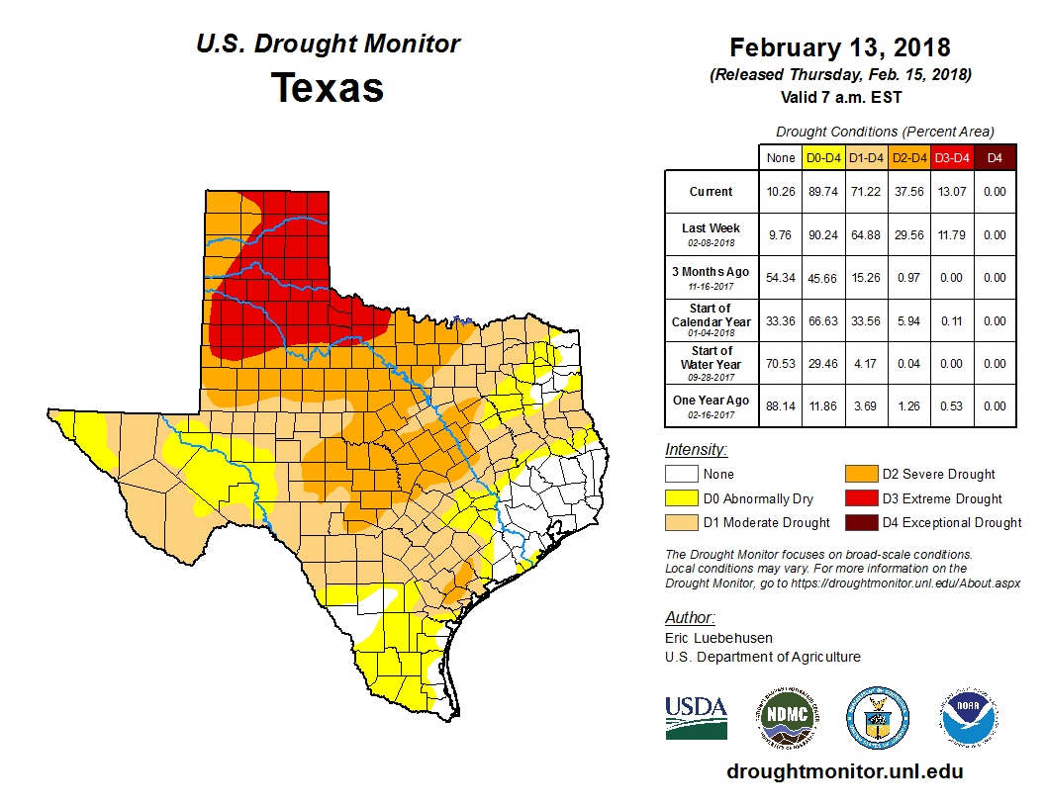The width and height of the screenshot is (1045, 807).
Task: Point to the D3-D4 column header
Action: pos(951,157)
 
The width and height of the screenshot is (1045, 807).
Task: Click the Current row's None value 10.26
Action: pos(781,192)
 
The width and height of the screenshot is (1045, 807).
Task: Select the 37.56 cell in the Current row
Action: pos(907,192)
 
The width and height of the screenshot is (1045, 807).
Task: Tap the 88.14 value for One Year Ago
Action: pos(781,405)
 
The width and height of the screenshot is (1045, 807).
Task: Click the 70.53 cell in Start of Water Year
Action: pos(781,363)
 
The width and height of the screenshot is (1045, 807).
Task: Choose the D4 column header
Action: pos(995,157)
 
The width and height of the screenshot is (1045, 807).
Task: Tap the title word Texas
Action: pos(328,87)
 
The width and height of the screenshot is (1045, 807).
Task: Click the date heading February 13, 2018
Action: pos(840,47)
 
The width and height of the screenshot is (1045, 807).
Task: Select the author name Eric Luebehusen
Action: pos(719,638)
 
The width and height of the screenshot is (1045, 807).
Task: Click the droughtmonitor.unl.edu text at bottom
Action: pos(844,771)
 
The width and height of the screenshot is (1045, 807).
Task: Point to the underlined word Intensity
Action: pos(696,450)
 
